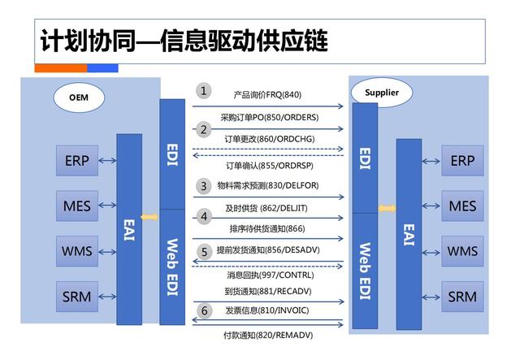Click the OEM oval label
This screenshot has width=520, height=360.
pyautogui.click(x=78, y=98)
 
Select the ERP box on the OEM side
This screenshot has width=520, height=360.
pyautogui.click(x=77, y=160)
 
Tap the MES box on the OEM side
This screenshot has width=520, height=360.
pyautogui.click(x=77, y=206)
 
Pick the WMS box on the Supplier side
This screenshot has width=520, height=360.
pyautogui.click(x=462, y=251)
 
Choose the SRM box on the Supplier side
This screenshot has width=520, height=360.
pyautogui.click(x=462, y=297)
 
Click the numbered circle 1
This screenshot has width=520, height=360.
pyautogui.click(x=204, y=91)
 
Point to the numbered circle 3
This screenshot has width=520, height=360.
pyautogui.click(x=204, y=186)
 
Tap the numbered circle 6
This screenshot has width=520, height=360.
pyautogui.click(x=204, y=310)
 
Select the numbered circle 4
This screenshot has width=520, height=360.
pyautogui.click(x=204, y=217)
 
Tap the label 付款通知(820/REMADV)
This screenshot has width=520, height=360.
pyautogui.click(x=268, y=335)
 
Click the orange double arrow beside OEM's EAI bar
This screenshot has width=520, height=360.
pyautogui.click(x=149, y=217)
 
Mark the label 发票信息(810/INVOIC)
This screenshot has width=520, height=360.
pyautogui.click(x=268, y=310)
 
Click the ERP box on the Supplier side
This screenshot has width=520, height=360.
pyautogui.click(x=462, y=161)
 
